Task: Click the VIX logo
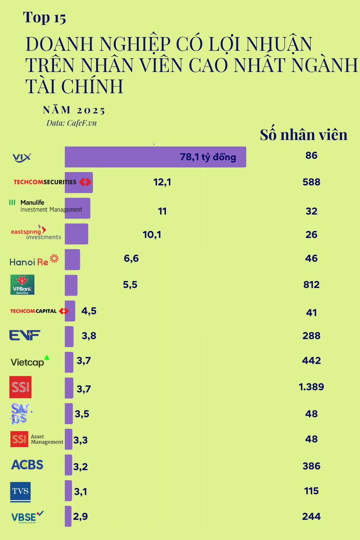click(x=22, y=157)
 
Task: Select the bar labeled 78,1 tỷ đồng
click(x=155, y=157)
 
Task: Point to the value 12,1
click(x=162, y=182)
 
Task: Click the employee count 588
click(x=311, y=182)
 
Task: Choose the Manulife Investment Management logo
click(x=46, y=206)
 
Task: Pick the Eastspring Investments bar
click(x=76, y=234)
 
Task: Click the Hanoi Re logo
click(x=34, y=260)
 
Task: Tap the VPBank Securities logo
click(x=22, y=285)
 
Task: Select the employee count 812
click(x=311, y=285)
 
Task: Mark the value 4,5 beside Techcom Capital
click(x=89, y=311)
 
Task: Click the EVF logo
click(x=24, y=336)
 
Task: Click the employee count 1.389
click(x=311, y=387)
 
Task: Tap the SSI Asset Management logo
click(x=37, y=439)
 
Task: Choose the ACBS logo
click(x=27, y=465)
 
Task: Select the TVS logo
click(x=21, y=492)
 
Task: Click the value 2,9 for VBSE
click(x=80, y=517)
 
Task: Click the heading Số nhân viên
click(x=303, y=135)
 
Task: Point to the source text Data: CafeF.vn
click(x=71, y=123)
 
